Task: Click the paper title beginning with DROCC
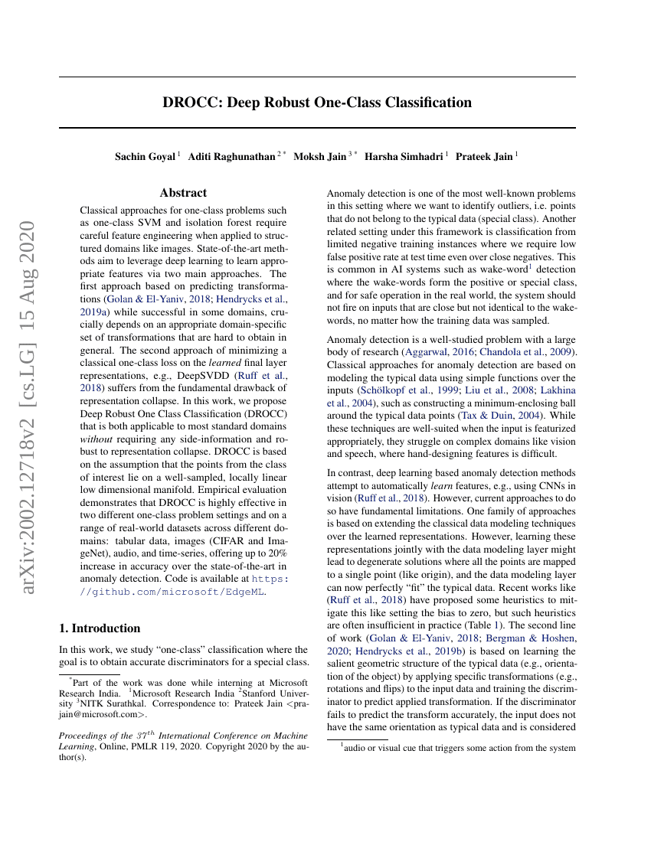pos(317,102)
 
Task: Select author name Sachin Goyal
pos(146,156)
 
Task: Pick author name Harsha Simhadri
pos(404,156)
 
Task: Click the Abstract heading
pos(183,193)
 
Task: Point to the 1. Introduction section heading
pos(100,628)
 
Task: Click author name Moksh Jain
pos(322,156)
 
